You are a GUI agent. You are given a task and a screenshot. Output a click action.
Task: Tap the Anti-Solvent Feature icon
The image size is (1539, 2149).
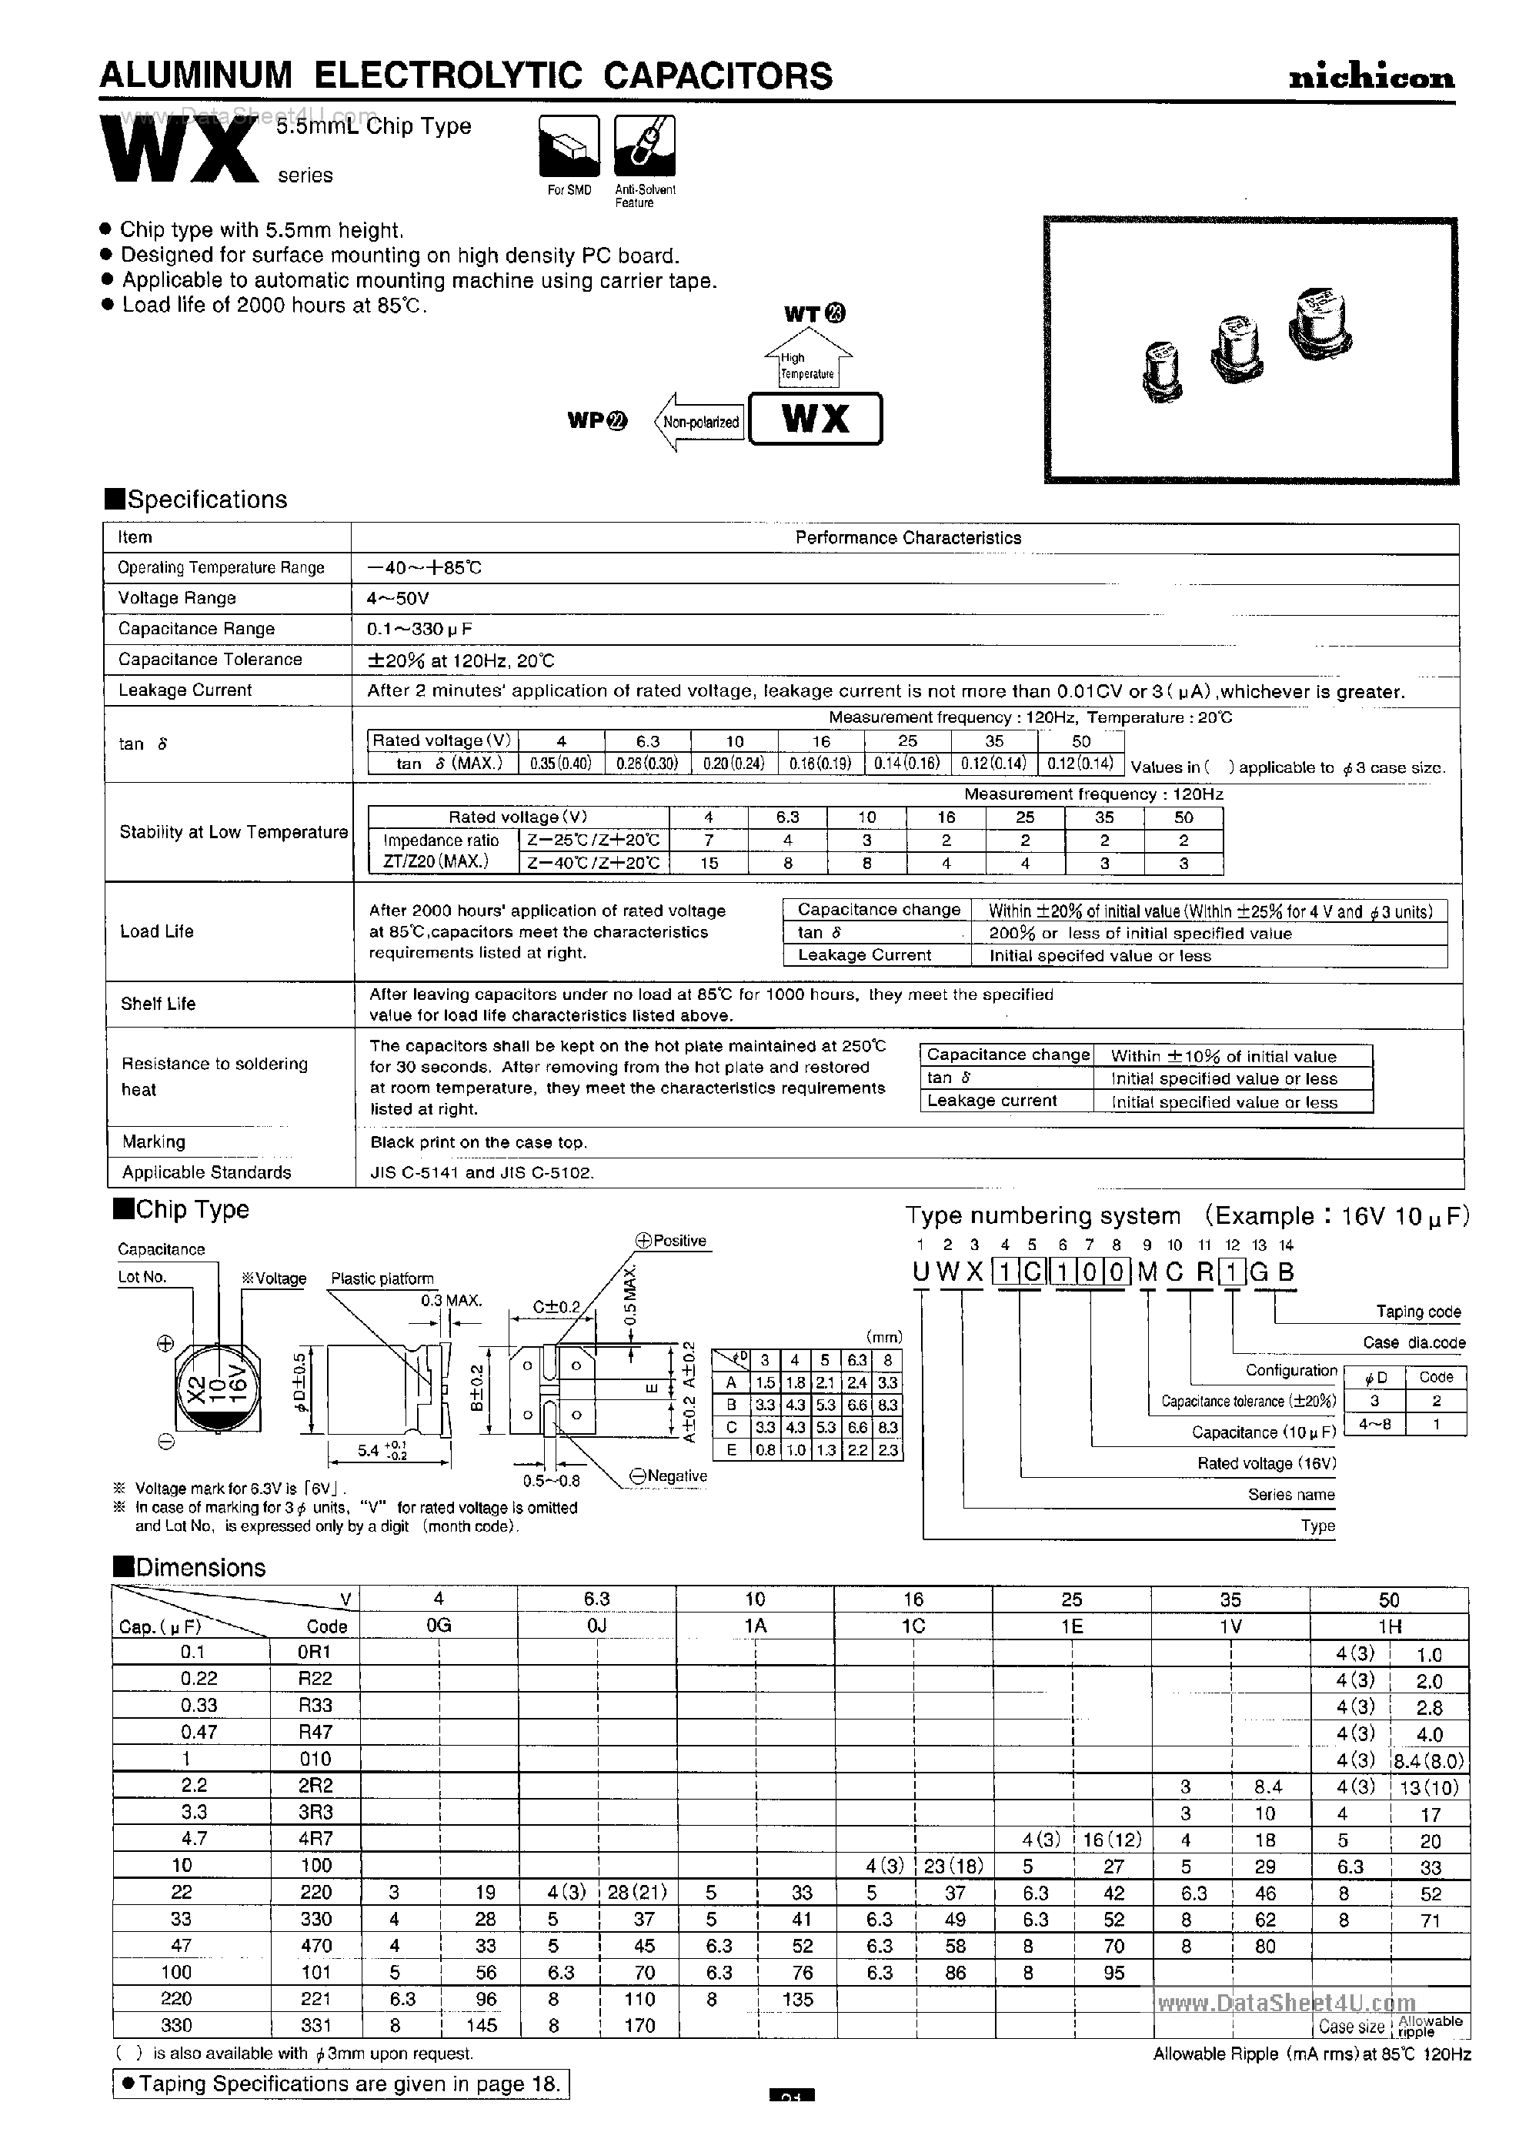tap(644, 146)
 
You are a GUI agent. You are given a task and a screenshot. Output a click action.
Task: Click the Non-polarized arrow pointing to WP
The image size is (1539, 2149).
tap(698, 422)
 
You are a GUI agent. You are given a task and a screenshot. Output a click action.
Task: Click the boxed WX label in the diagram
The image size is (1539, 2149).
tap(814, 419)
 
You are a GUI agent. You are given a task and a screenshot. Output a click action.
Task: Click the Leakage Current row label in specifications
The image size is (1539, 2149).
tap(185, 690)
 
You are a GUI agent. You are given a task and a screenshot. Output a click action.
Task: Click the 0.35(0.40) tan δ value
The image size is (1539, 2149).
tap(559, 764)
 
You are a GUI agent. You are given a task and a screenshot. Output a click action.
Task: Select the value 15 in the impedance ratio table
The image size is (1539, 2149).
tap(709, 863)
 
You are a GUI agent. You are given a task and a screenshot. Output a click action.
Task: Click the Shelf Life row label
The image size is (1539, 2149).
tap(157, 1004)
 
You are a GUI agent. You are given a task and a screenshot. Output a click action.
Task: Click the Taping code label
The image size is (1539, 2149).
tap(1417, 1312)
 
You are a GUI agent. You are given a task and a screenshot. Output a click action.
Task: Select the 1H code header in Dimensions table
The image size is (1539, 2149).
tap(1388, 1626)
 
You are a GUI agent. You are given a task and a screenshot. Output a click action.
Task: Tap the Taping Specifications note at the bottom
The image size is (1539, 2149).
tap(341, 2084)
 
